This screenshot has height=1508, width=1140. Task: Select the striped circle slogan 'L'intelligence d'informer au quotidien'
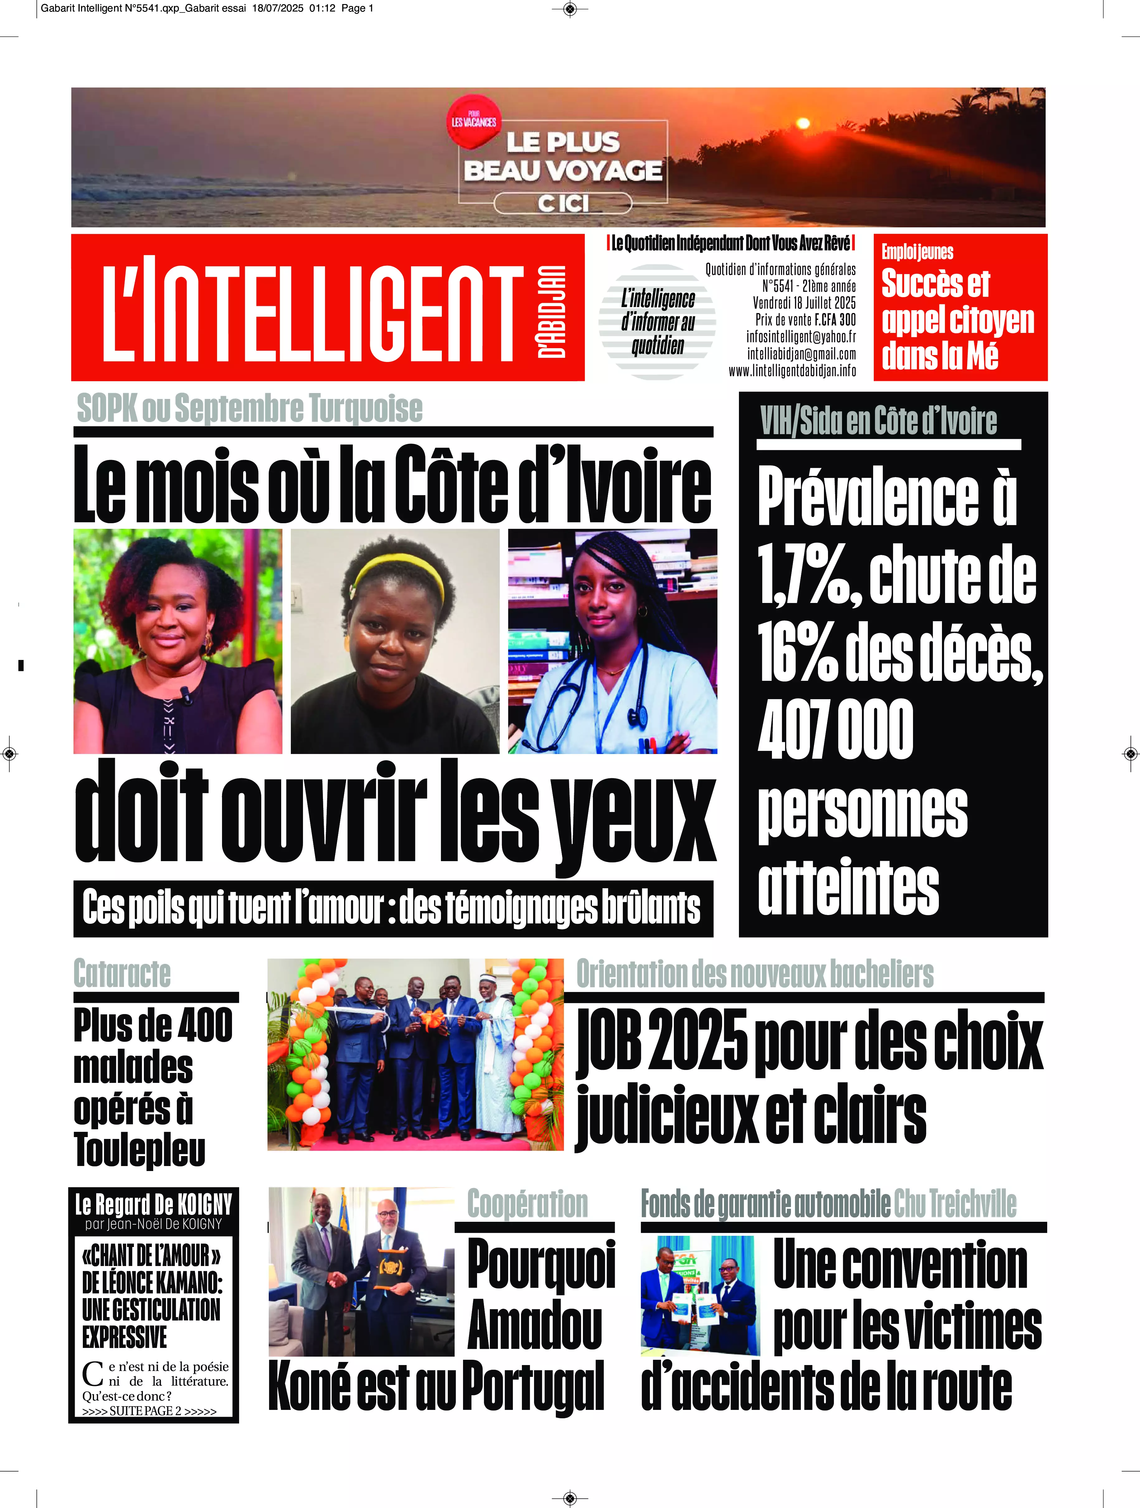click(657, 322)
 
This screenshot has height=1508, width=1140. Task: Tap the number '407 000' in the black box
click(835, 729)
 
